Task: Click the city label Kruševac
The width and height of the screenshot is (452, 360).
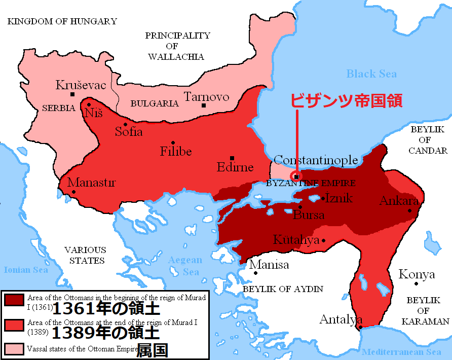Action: [81, 85]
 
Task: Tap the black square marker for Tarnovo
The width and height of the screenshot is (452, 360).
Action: [203, 105]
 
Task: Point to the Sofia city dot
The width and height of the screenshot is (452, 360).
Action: [125, 125]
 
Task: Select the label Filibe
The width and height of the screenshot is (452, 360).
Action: [176, 151]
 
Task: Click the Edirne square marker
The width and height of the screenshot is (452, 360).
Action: [232, 158]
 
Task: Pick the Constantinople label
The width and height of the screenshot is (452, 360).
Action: [316, 160]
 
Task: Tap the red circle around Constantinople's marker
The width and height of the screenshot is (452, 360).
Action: [296, 176]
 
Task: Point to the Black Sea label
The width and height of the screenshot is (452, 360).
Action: [371, 74]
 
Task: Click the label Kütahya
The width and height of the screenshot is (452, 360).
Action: [296, 239]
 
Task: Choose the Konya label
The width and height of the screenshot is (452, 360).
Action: [417, 275]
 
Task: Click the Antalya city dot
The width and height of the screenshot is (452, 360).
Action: [360, 327]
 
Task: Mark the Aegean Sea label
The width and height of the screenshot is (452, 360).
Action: [185, 266]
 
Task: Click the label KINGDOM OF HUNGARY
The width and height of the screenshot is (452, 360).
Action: [62, 21]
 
